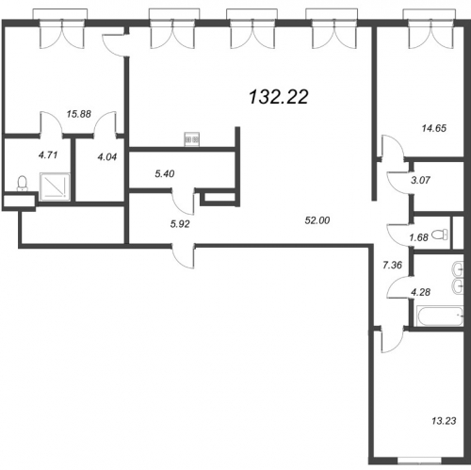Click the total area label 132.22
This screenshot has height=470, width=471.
279,96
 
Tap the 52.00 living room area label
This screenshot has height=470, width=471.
317,220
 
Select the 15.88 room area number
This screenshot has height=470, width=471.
79,114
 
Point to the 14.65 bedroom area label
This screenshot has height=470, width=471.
434,128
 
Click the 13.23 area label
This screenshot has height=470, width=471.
444,421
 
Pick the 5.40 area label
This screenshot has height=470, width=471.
165,173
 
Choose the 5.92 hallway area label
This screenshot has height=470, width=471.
180,224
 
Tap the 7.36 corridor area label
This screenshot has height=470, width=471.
392,265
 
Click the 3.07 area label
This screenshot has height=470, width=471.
420,180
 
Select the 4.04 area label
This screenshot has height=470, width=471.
107,156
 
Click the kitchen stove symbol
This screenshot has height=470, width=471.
191,139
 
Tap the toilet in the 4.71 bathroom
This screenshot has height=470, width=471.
22,183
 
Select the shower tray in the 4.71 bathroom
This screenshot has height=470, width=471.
55,186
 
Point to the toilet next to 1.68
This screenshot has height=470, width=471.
440,235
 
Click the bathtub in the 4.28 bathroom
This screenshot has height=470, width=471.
440,316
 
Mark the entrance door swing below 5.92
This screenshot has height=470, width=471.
183,256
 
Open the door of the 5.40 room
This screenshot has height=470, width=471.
183,202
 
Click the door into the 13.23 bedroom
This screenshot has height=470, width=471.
392,340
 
